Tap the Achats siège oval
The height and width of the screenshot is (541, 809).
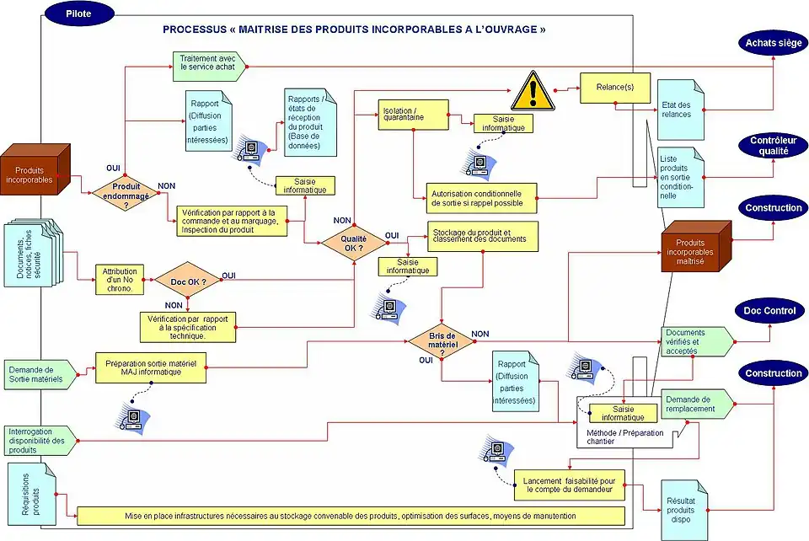coord(774,43)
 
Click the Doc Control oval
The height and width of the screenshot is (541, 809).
coord(774,310)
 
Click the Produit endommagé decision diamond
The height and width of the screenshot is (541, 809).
coord(126,193)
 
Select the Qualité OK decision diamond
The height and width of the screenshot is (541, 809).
coord(354,243)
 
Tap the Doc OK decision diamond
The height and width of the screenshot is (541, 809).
coord(187,280)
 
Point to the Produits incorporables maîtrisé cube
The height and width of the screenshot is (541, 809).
coord(694,246)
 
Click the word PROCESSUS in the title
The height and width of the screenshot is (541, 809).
coord(192,29)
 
